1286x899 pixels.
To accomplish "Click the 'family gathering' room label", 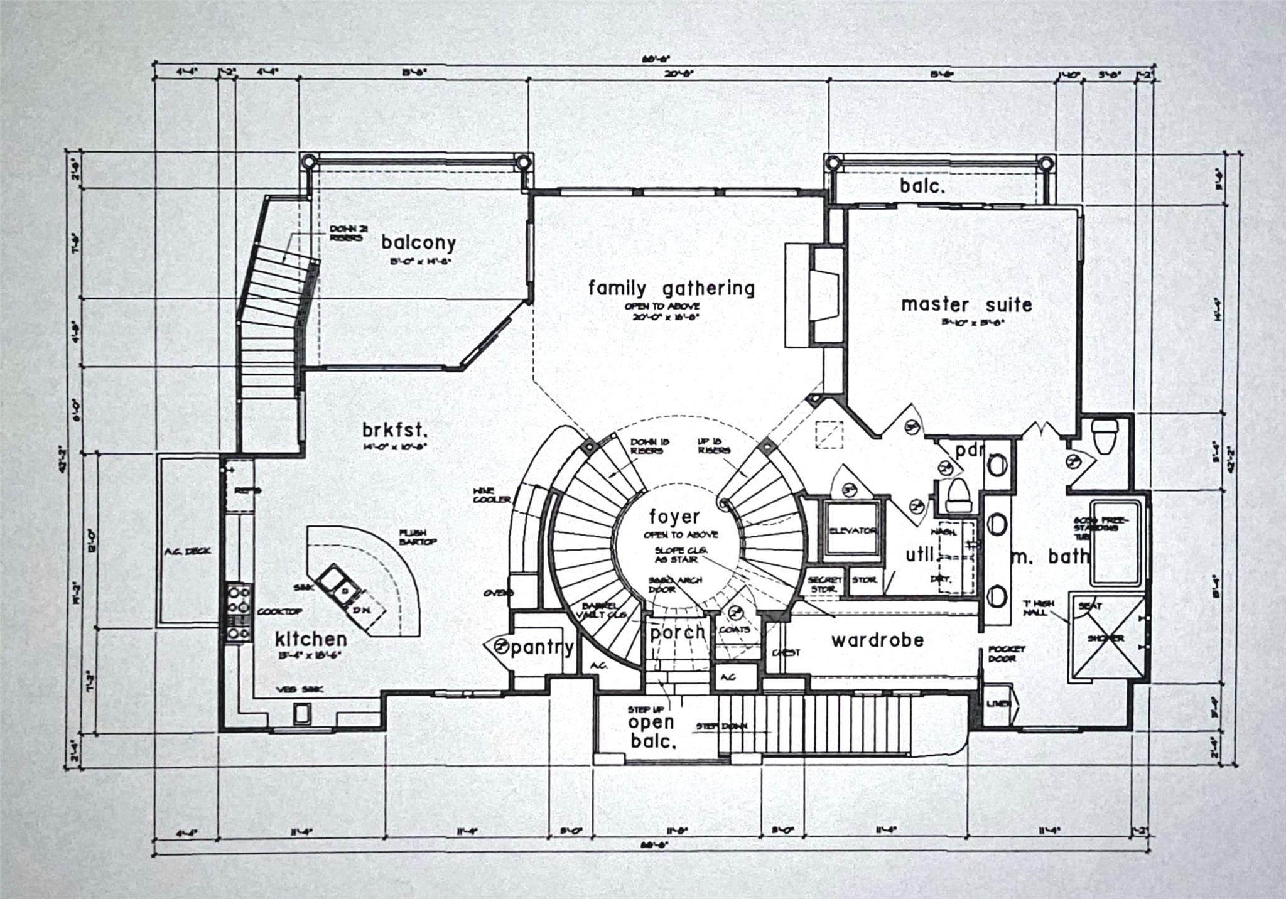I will [671, 289].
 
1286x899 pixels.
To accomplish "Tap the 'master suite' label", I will [966, 305].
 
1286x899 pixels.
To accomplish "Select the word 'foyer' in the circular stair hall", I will [674, 517].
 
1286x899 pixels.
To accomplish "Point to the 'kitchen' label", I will [311, 639].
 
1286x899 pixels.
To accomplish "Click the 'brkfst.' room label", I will [395, 431].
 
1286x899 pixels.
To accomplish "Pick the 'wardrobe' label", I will [877, 640].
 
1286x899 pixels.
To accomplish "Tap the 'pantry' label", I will [542, 647].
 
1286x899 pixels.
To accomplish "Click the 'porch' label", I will [678, 632].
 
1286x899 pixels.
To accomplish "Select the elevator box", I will [852, 530].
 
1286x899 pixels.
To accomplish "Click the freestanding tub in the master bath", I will [1116, 541].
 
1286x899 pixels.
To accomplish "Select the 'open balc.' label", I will [652, 732].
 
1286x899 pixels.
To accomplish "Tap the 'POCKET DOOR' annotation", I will [1006, 654].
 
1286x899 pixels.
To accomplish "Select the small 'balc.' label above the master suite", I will [922, 186].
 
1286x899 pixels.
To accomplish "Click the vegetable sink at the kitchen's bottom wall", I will [302, 713].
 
